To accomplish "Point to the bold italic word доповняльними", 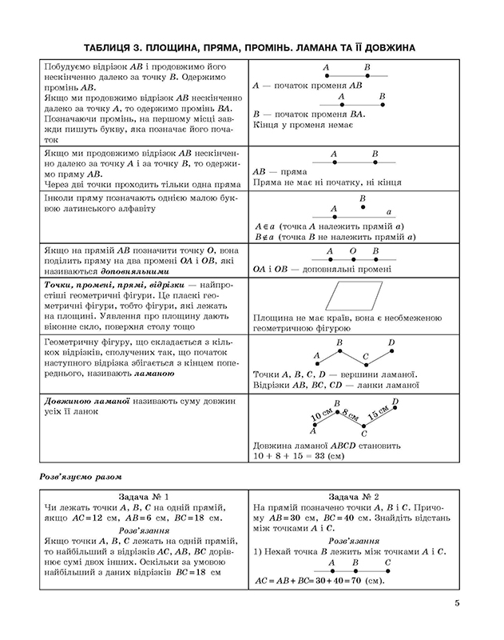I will (x=120, y=271).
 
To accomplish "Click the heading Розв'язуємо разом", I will (x=78, y=477).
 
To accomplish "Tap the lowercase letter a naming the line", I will (x=388, y=212).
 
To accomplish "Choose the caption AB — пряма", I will (x=280, y=172).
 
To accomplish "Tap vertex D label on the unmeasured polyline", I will (x=391, y=344).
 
